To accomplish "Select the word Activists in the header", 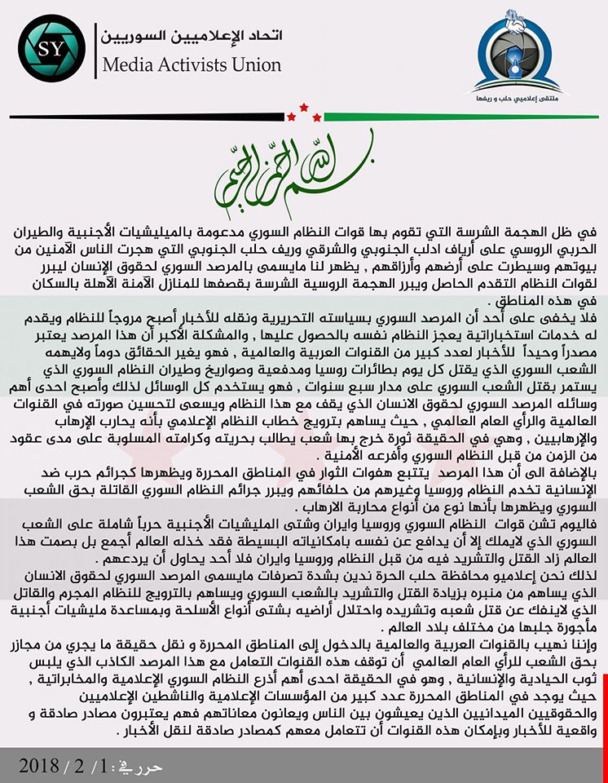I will [x=196, y=64].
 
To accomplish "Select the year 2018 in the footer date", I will [x=39, y=767].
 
